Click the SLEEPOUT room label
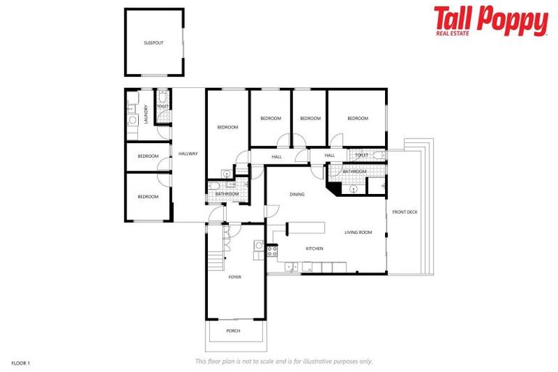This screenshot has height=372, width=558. (x=153, y=43)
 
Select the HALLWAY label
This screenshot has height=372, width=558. (x=188, y=153)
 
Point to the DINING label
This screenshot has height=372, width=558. (x=296, y=194)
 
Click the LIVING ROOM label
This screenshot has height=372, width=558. (x=358, y=232)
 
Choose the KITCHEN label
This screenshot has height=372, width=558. (x=314, y=249)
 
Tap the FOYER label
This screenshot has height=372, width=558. (x=235, y=277)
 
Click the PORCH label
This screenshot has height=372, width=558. (x=233, y=331)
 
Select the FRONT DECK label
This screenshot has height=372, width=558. (x=405, y=212)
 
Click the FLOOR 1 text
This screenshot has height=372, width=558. (x=20, y=362)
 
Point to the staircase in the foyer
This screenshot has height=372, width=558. (x=215, y=257)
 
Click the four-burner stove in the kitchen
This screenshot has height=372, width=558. (x=272, y=251)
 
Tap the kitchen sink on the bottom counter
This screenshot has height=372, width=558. (x=291, y=268)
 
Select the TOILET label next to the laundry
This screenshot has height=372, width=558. (x=163, y=106)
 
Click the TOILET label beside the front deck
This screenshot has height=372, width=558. (x=361, y=155)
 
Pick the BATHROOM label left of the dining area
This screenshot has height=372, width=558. (x=227, y=194)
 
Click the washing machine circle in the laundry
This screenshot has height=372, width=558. (x=133, y=120)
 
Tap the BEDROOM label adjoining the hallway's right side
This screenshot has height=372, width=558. (x=227, y=127)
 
